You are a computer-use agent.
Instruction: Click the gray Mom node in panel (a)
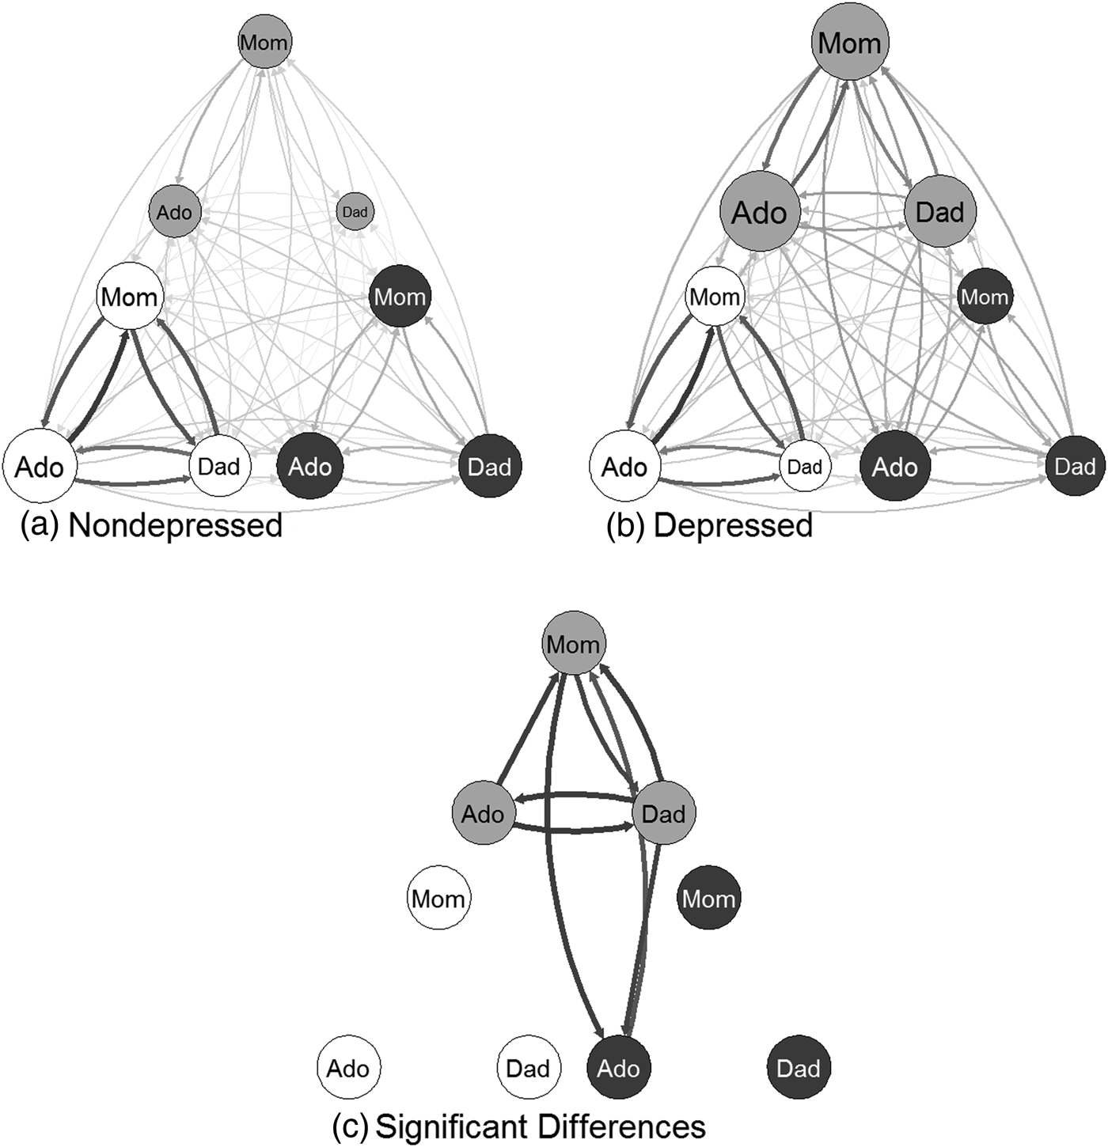264,42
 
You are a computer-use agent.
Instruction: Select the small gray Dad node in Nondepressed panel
355,212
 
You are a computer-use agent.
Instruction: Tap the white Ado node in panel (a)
39,467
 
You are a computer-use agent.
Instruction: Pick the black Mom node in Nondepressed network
400,297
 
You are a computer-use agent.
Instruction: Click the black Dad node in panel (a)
489,467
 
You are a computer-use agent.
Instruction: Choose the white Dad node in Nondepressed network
219,467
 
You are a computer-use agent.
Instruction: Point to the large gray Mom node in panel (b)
850,42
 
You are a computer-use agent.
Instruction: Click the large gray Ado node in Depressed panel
760,212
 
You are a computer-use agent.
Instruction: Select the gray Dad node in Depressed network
940,212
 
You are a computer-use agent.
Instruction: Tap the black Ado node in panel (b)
894,467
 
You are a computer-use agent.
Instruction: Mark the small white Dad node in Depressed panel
805,467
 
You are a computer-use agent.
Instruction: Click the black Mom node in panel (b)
985,297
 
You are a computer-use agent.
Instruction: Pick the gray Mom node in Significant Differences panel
573,644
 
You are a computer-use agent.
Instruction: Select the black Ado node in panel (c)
618,1068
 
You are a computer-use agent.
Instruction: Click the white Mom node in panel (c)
438,899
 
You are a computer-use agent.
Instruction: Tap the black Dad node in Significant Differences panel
799,1068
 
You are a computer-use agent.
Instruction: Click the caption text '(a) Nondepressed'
151,525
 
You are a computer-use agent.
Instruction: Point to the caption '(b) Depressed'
709,525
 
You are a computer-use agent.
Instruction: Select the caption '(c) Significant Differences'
518,1126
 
